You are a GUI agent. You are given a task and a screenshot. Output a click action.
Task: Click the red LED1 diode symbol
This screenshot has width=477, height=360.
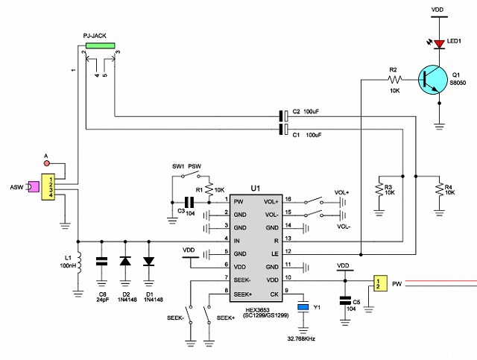(x=439, y=44)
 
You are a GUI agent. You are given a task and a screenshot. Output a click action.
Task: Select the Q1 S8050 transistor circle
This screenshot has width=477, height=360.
(x=433, y=80)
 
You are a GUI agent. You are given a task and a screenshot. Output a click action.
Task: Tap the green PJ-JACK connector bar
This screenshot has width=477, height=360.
(x=101, y=45)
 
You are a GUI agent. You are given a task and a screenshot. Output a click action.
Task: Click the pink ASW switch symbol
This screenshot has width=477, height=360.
(x=34, y=186)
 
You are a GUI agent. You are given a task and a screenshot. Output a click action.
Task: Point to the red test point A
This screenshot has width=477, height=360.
(x=46, y=163)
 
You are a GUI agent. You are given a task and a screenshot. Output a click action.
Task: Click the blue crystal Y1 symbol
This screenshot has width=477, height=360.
(x=303, y=307)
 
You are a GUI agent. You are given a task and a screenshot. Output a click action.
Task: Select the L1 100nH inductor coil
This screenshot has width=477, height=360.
(x=79, y=262)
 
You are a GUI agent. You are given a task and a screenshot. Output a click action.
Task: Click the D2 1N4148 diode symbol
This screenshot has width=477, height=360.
(x=125, y=261)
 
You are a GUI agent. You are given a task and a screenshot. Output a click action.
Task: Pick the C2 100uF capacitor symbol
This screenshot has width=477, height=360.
(x=283, y=116)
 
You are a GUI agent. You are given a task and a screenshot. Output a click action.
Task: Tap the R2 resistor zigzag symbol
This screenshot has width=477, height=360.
(x=395, y=80)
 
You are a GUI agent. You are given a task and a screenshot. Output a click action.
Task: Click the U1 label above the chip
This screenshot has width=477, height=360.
(x=256, y=189)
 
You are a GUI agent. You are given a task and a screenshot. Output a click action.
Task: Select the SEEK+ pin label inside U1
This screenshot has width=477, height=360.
(x=243, y=294)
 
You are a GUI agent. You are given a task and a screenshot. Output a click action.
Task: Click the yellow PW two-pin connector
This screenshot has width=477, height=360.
(x=380, y=283)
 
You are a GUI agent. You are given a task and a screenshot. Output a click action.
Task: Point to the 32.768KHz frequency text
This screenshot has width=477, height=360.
(x=301, y=338)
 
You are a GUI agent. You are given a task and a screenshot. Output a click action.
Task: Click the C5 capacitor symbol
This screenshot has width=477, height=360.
(x=345, y=300)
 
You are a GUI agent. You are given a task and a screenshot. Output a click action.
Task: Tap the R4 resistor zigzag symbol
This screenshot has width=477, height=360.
(x=439, y=189)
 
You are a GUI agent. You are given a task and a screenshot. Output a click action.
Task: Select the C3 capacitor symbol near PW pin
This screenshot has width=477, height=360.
(x=189, y=202)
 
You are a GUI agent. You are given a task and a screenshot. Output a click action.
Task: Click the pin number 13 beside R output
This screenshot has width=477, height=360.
(x=288, y=239)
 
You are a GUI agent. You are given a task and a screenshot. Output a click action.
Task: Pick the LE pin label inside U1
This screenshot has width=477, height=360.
(x=275, y=254)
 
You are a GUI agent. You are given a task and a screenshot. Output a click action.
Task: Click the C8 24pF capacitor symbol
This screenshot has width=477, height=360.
(x=101, y=261)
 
